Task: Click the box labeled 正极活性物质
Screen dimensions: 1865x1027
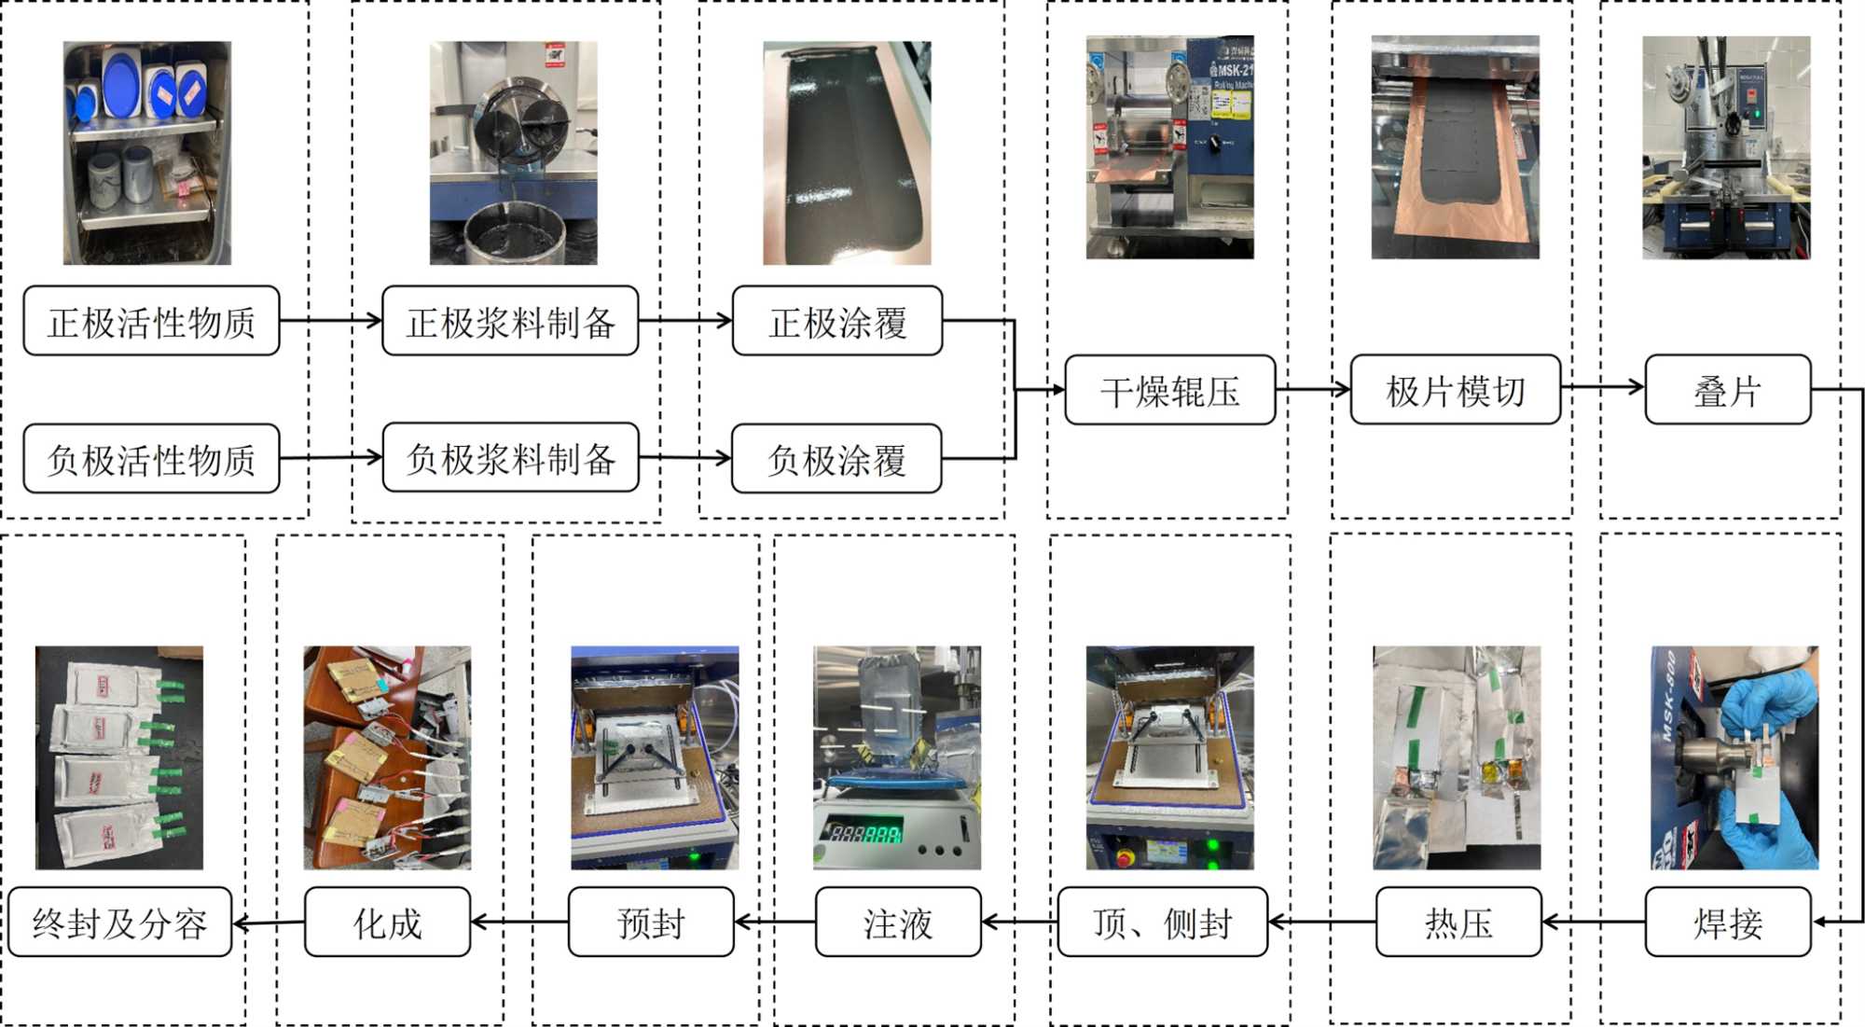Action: pos(151,322)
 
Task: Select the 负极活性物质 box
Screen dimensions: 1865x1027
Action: pos(151,459)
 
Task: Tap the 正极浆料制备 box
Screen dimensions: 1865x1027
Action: pos(510,322)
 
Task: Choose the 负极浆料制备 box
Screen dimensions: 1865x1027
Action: pos(510,458)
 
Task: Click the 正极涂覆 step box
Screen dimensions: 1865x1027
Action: pos(837,322)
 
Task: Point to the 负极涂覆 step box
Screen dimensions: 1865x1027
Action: pos(836,459)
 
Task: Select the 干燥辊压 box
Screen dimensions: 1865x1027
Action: pos(1169,391)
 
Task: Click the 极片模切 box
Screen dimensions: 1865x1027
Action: pos(1455,391)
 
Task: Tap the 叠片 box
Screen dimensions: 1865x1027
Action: pos(1727,391)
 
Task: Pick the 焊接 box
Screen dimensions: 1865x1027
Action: pos(1727,923)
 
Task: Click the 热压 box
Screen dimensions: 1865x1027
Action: pos(1458,923)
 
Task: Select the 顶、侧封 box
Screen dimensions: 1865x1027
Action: pos(1162,923)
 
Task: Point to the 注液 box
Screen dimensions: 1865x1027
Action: pos(897,923)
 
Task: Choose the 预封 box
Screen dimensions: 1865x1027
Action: pos(651,923)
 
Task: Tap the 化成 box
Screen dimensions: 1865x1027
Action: pos(387,923)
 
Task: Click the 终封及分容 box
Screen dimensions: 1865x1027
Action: pos(119,923)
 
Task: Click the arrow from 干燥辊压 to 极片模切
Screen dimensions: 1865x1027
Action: pos(1313,390)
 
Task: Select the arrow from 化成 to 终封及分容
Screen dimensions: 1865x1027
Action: pos(269,923)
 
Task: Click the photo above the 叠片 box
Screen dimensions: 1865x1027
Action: pos(1726,147)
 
